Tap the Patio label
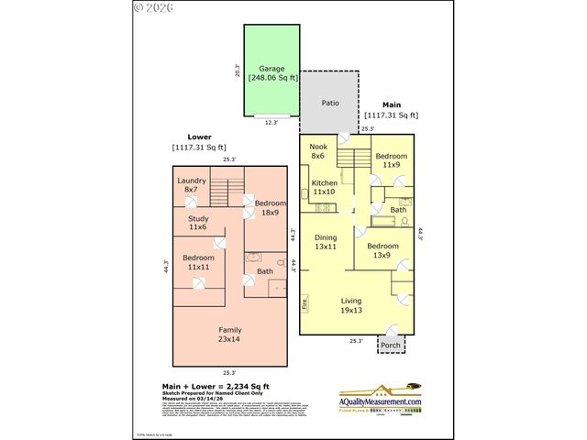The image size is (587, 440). pyautogui.click(x=330, y=103)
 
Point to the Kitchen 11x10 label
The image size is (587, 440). pyautogui.click(x=324, y=188)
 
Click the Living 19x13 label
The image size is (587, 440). pyautogui.click(x=351, y=305)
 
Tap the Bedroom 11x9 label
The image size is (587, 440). pyautogui.click(x=391, y=160)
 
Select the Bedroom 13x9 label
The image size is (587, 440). pyautogui.click(x=383, y=250)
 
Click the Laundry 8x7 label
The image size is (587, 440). pyautogui.click(x=192, y=183)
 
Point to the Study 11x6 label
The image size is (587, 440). pyautogui.click(x=198, y=223)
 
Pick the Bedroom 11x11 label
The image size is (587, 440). pyautogui.click(x=198, y=262)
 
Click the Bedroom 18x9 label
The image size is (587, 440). pyautogui.click(x=271, y=207)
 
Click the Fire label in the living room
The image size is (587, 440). pyautogui.click(x=305, y=302)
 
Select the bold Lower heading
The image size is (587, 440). pyautogui.click(x=199, y=136)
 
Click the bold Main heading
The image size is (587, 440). pyautogui.click(x=391, y=104)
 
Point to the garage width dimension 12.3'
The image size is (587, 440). pyautogui.click(x=271, y=122)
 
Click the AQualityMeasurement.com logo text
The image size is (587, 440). pyautogui.click(x=380, y=401)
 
